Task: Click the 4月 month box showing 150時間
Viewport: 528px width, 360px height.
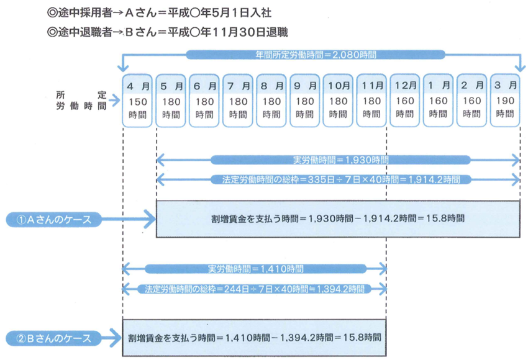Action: point(137,100)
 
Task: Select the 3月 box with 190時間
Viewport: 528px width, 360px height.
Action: point(505,100)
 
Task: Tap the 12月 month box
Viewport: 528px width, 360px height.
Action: point(404,100)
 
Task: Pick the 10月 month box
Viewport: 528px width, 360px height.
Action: point(337,100)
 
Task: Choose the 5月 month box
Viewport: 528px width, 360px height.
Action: point(170,100)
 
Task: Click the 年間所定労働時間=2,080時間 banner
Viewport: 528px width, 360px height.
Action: point(322,55)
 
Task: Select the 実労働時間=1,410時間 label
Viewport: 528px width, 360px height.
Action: point(255,269)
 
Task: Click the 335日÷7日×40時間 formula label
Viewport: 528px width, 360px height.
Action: point(340,179)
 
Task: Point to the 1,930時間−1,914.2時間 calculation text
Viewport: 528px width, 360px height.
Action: point(338,218)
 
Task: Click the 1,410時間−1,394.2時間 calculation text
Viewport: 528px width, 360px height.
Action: point(255,338)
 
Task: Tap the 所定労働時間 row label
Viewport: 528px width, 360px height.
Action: point(81,100)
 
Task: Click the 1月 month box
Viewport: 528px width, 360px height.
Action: point(438,100)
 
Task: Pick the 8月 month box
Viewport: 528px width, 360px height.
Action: point(271,100)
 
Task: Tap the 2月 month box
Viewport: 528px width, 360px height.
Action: point(471,100)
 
